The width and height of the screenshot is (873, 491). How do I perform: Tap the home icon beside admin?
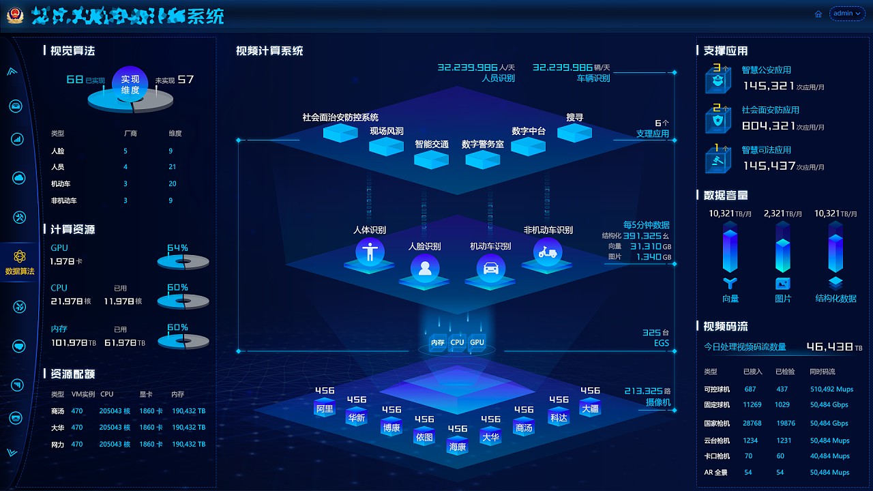point(818,14)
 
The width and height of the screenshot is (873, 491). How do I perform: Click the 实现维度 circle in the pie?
point(130,84)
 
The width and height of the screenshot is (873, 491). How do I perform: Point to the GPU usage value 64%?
point(177,248)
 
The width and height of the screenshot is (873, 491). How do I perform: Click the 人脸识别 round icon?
point(425,267)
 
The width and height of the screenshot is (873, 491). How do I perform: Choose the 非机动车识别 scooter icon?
point(547,252)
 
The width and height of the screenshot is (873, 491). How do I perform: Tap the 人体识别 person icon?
point(370,252)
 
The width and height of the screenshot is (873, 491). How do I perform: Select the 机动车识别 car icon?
point(490,267)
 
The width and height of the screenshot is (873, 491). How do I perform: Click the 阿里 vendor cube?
point(325,408)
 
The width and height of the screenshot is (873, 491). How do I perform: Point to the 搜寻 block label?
point(575,117)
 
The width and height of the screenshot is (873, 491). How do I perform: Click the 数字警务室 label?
point(483,145)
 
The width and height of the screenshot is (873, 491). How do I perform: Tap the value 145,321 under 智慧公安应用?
point(769,86)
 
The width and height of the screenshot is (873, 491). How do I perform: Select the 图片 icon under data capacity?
point(783,284)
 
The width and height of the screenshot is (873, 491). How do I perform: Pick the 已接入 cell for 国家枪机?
point(752,423)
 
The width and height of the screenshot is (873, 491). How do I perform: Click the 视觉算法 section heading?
point(72,50)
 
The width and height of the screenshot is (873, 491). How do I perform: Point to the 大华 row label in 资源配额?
point(57,428)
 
